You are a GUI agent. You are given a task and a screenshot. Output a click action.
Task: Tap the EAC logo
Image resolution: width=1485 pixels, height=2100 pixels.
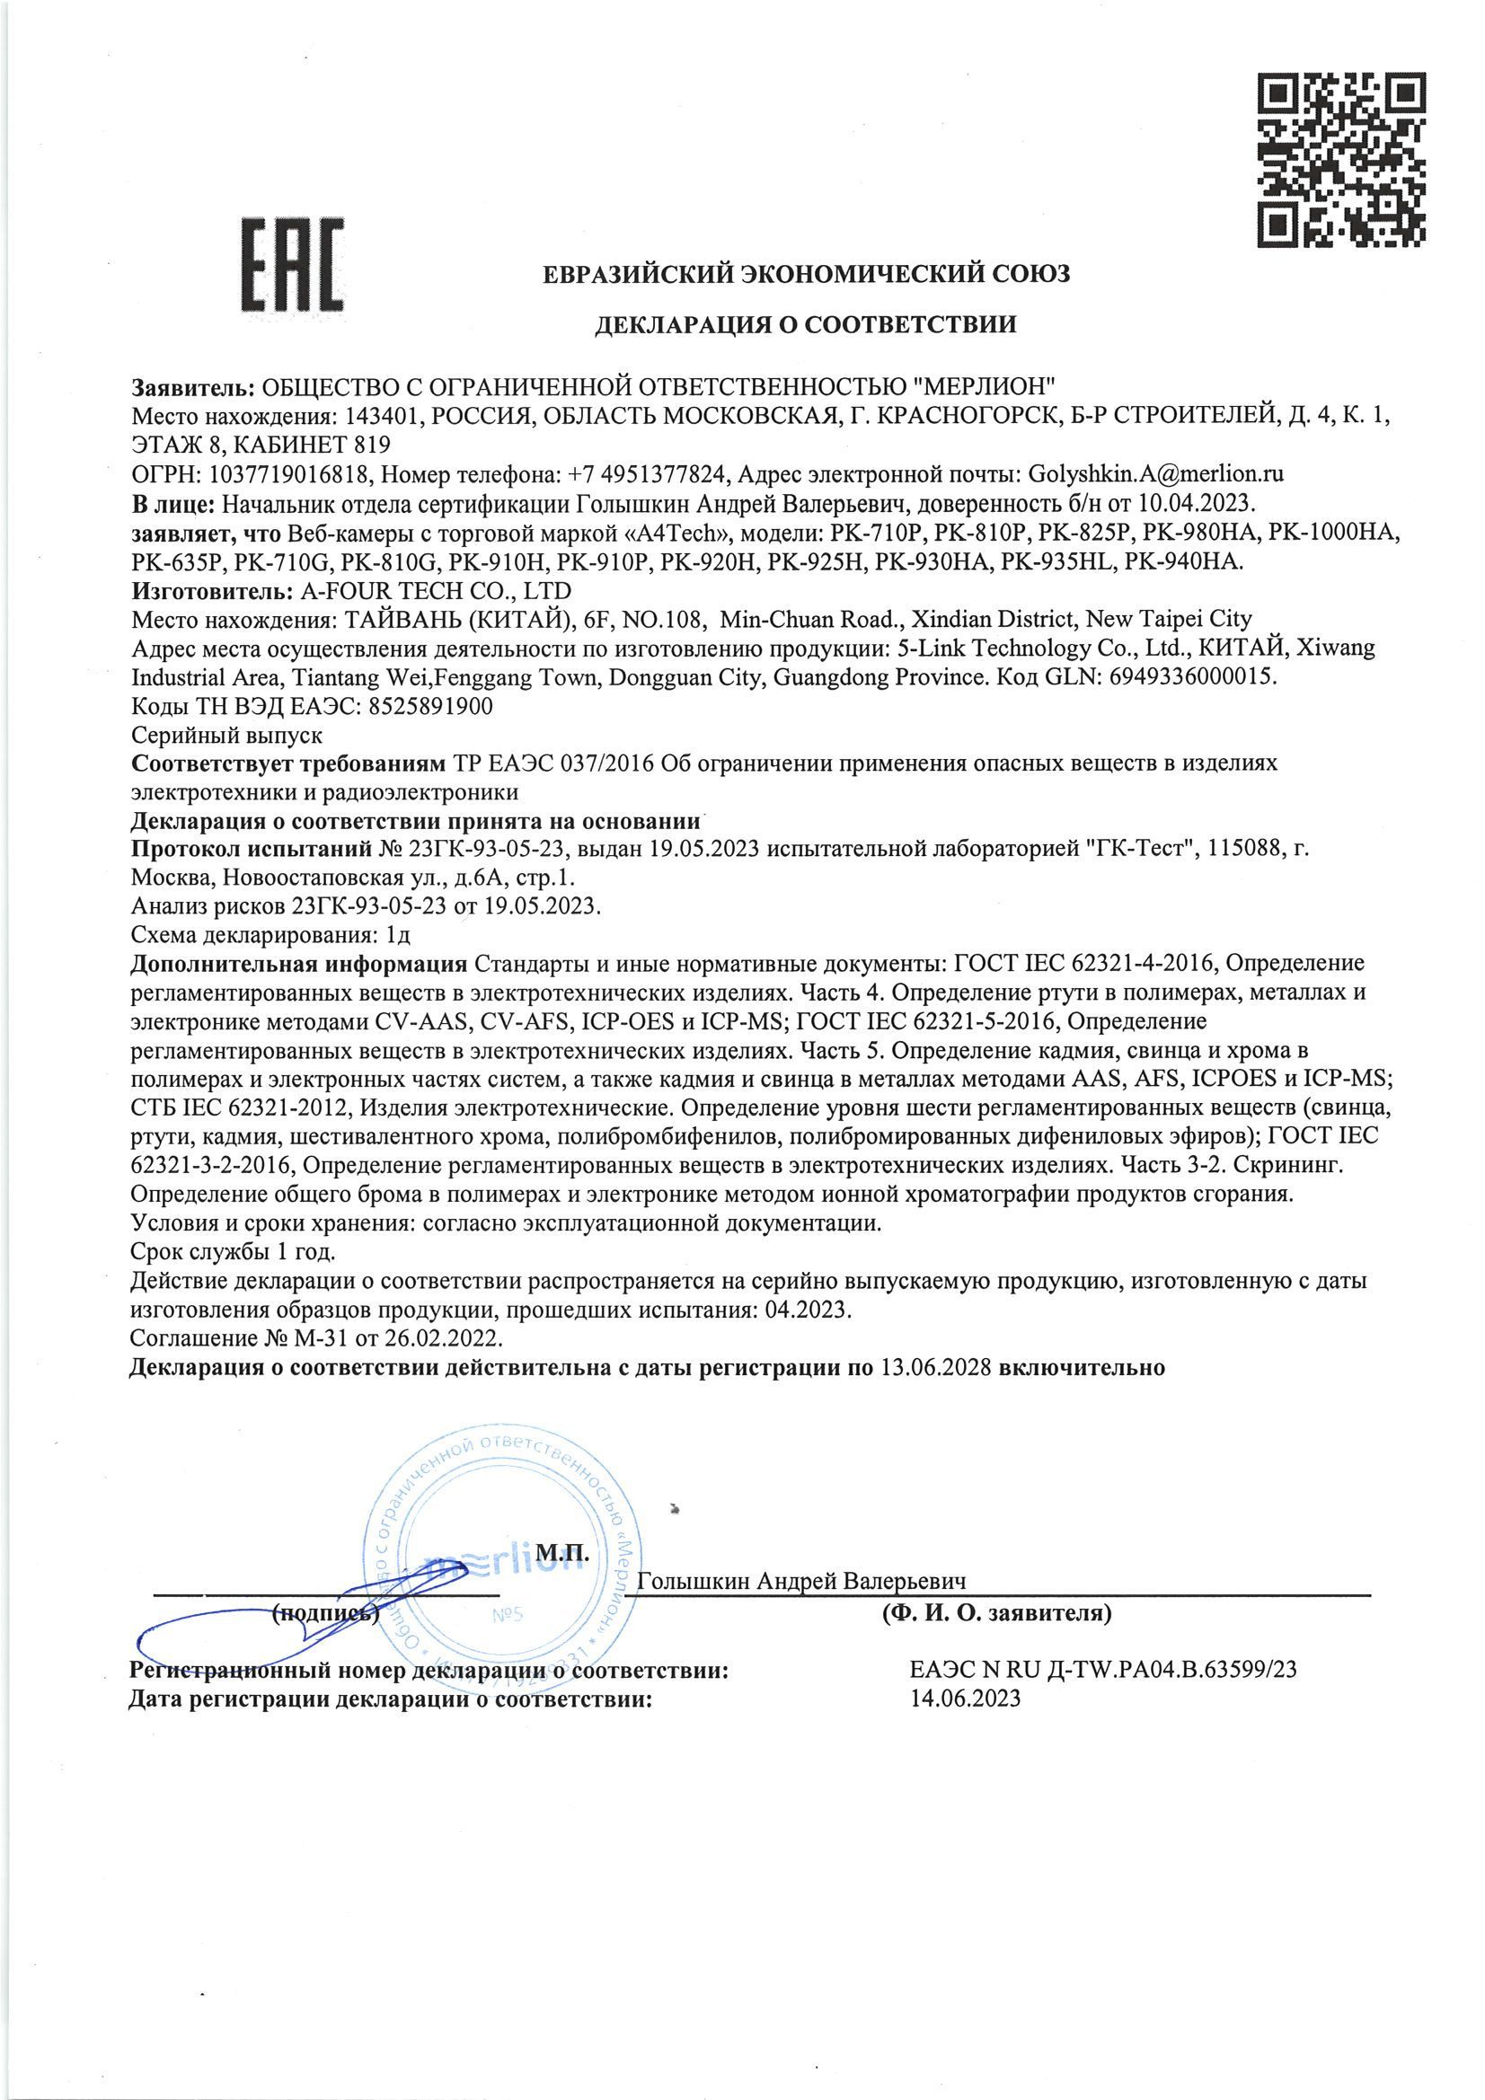coord(292,265)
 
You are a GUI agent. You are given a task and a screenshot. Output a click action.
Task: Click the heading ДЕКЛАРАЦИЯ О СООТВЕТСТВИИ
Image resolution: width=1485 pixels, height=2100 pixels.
coord(805,324)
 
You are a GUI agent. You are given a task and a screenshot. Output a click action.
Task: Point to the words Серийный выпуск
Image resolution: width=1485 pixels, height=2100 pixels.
coord(226,736)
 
